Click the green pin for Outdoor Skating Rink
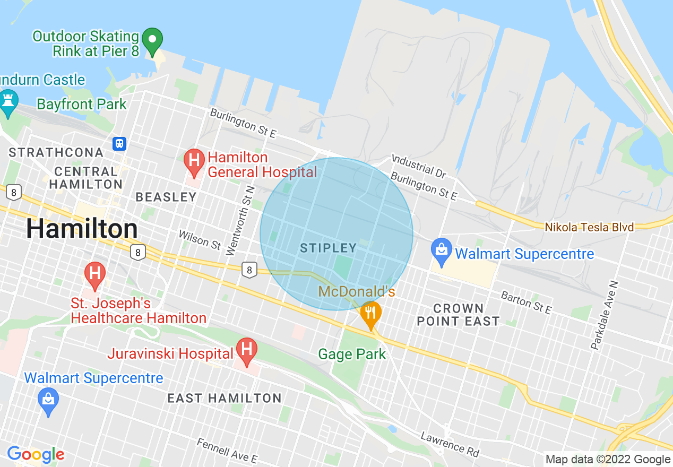[x=153, y=41]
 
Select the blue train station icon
[x=120, y=143]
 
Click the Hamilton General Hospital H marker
[x=194, y=161]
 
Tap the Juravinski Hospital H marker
[x=247, y=350]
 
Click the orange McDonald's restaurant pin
[x=370, y=313]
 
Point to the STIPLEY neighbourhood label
[x=328, y=248]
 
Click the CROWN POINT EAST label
[x=458, y=315]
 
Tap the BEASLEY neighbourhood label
[x=166, y=197]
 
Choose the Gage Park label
[x=352, y=354]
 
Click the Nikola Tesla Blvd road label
[x=589, y=227]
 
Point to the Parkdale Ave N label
[x=605, y=316]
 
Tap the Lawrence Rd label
[x=450, y=444]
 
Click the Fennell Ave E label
[x=227, y=451]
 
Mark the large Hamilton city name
[x=82, y=229]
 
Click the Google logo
[x=36, y=455]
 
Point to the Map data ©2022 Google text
[x=608, y=460]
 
